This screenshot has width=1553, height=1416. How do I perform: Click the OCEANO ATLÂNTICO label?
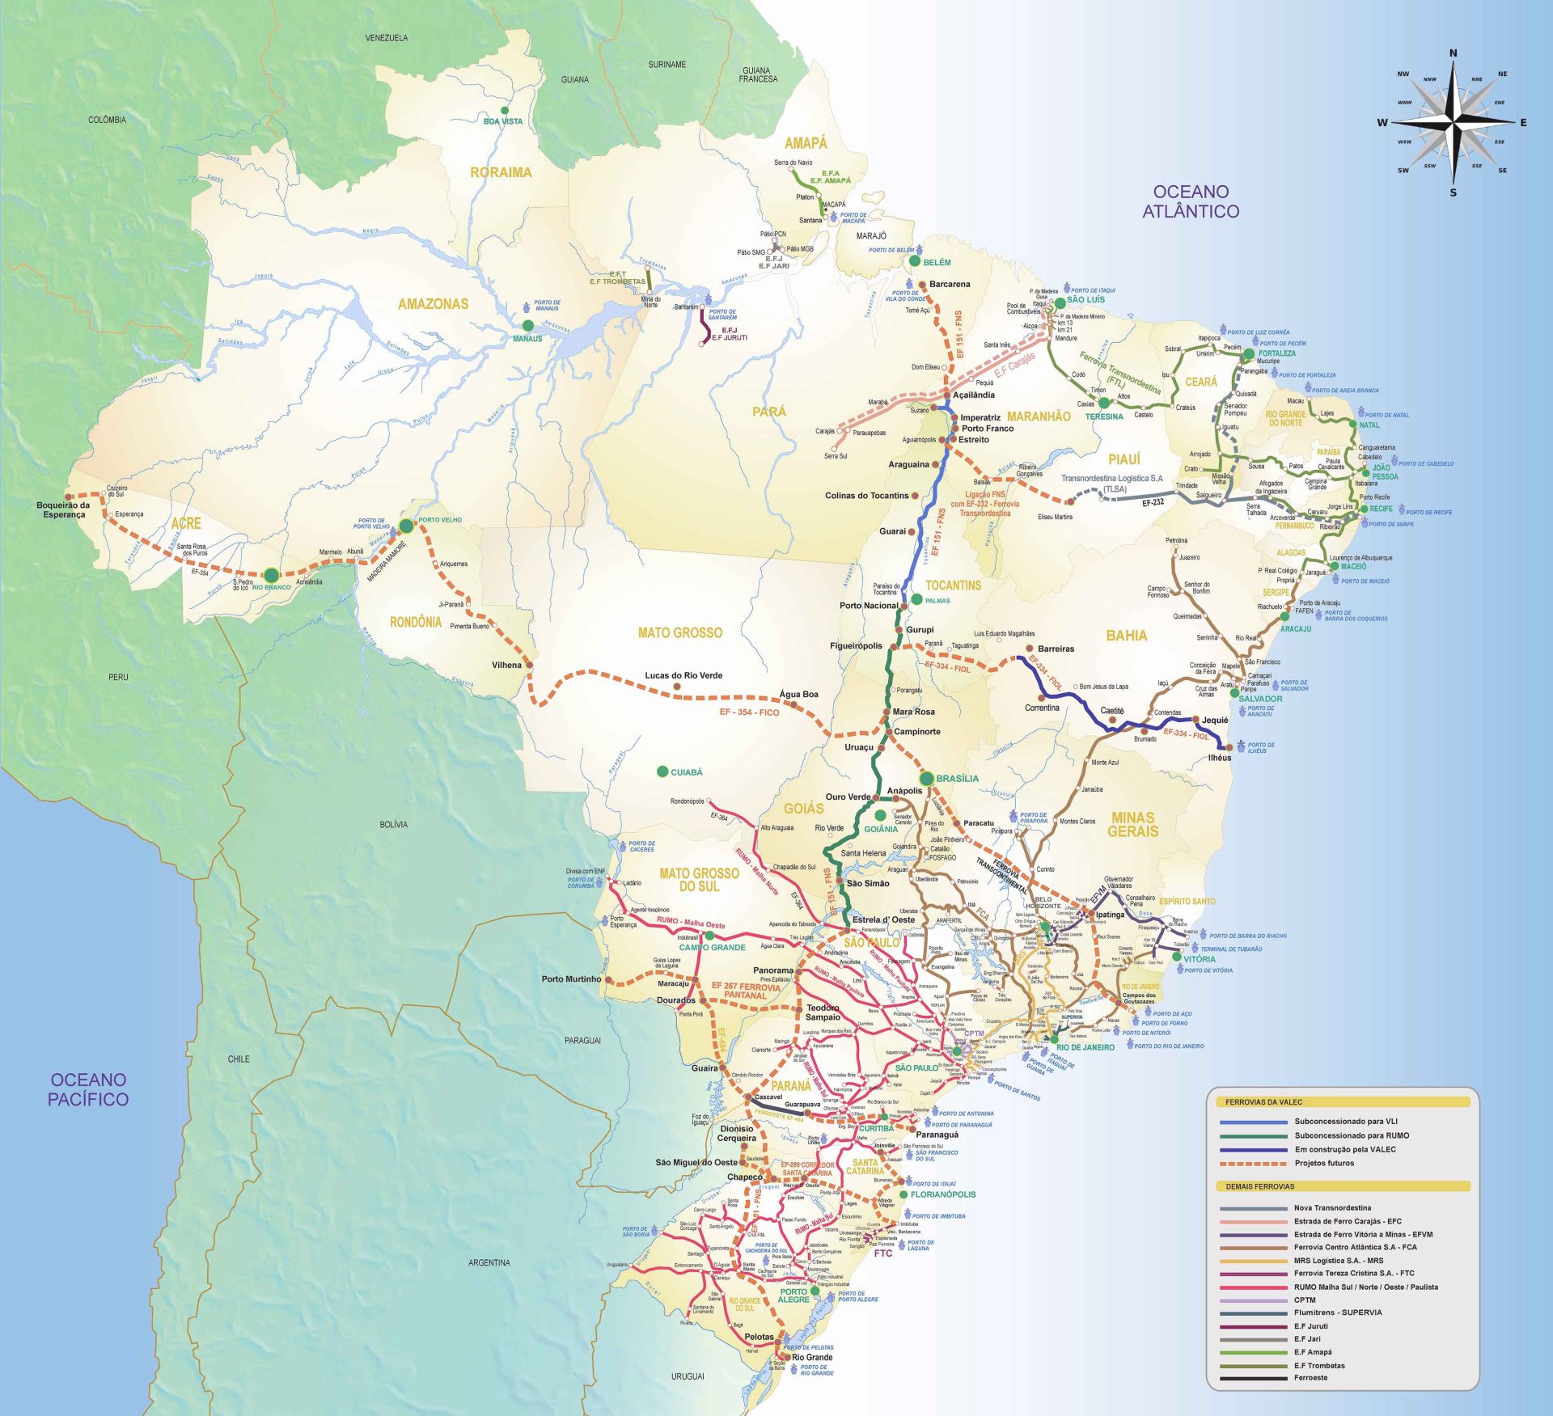[1190, 201]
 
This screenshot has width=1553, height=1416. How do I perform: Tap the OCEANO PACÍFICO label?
[88, 1088]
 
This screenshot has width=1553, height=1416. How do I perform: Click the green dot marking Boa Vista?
[505, 110]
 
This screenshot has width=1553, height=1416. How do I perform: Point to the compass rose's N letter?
[1453, 53]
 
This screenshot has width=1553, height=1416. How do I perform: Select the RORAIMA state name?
[501, 172]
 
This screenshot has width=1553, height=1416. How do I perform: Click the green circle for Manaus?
[528, 325]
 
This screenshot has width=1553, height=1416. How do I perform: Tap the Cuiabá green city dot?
[662, 771]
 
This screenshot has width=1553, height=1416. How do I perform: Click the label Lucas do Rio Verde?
[683, 675]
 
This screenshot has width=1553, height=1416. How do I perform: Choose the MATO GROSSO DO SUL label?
[699, 880]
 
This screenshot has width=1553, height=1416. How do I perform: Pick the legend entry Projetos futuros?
[1323, 1163]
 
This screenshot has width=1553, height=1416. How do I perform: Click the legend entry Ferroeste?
[1310, 1377]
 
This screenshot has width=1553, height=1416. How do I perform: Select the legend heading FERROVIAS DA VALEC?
[1263, 1101]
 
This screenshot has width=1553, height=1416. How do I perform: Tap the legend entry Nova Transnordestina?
[1332, 1207]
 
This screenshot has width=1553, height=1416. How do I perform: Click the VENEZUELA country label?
[387, 38]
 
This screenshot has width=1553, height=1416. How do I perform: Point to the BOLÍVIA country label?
[393, 824]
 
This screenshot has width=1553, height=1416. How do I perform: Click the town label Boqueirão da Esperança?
[63, 509]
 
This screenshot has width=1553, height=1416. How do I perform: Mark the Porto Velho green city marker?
[406, 526]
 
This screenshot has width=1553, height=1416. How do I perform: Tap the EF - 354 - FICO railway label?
[749, 712]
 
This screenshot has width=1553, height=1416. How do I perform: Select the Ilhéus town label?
[1219, 758]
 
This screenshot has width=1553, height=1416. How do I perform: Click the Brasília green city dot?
[927, 778]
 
